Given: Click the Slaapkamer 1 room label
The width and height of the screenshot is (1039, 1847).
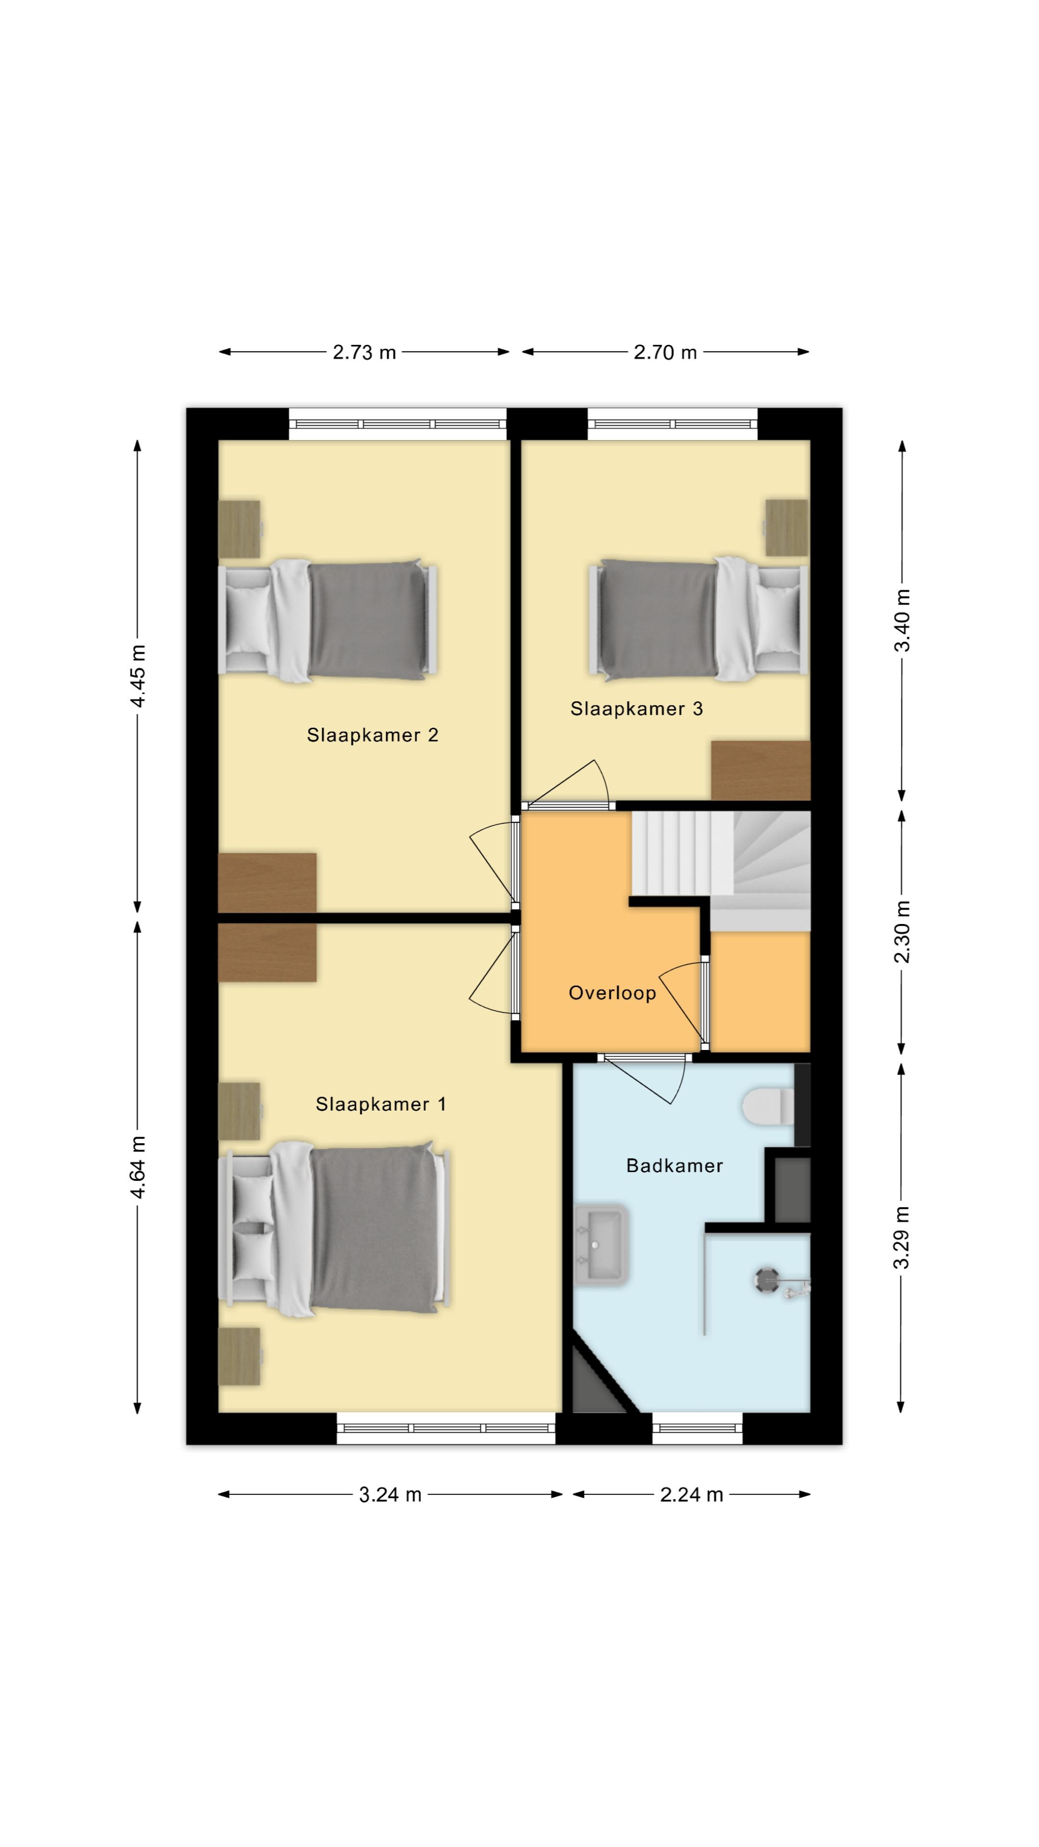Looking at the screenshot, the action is point(381,1104).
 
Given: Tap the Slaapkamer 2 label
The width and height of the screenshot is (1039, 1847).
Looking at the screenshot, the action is point(372,735).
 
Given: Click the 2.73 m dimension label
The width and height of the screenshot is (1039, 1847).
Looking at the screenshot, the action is point(364,352).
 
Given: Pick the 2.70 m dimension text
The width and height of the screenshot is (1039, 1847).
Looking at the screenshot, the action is point(665,352).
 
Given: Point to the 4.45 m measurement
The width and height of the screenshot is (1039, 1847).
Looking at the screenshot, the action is point(138,676).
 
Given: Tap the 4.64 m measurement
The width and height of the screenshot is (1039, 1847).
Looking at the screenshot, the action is point(138,1167).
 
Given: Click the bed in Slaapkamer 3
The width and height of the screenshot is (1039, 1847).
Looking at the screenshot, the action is point(697,620).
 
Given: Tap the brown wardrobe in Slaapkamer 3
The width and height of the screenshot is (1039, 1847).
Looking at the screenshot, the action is point(761,770).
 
